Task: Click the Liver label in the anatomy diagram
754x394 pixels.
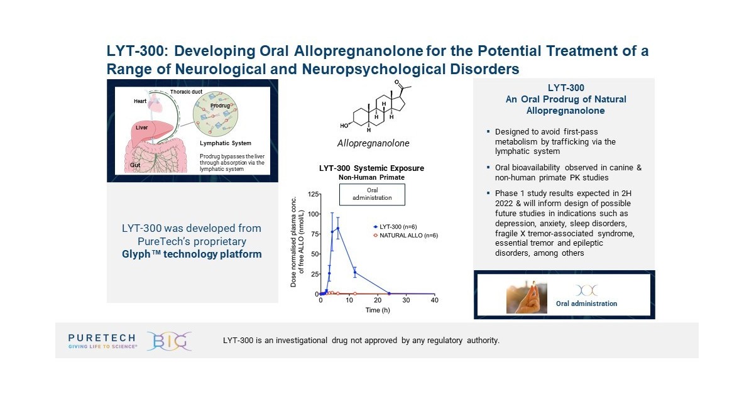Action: pyautogui.click(x=142, y=127)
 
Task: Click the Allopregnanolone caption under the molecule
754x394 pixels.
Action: pyautogui.click(x=373, y=143)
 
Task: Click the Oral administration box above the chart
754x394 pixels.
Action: pyautogui.click(x=372, y=194)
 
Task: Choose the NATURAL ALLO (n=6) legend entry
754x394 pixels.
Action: pyautogui.click(x=403, y=234)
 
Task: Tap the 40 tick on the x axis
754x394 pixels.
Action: pyautogui.click(x=435, y=301)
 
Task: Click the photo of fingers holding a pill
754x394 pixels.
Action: pyautogui.click(x=527, y=297)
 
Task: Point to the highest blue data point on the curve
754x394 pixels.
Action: pyautogui.click(x=338, y=228)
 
